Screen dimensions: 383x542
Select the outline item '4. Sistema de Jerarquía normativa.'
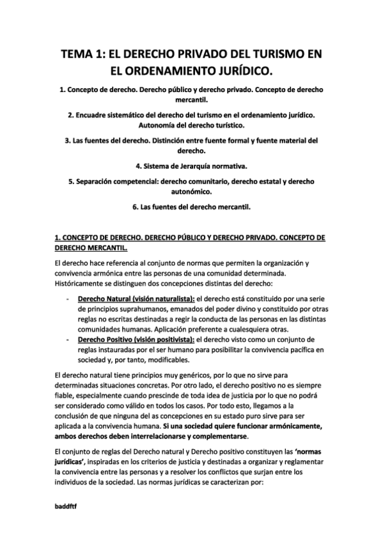[x=192, y=166]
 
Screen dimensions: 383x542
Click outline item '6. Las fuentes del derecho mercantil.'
[x=192, y=206]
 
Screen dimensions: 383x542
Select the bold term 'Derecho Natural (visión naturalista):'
[x=136, y=299]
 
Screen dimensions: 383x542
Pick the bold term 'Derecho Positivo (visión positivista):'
[x=136, y=339]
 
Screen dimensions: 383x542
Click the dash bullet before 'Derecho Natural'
[x=68, y=299]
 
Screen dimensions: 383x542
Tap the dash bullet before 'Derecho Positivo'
[x=68, y=339]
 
